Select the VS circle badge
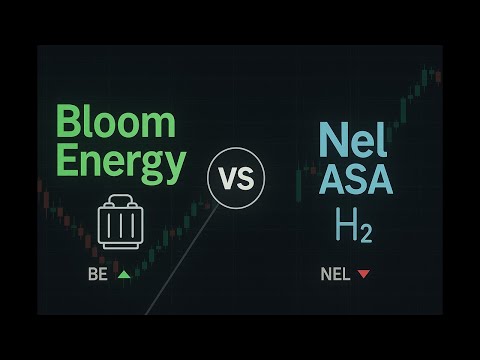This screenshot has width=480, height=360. (237, 180)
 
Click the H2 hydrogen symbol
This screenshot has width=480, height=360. (353, 229)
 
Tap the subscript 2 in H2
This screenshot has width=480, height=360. (367, 235)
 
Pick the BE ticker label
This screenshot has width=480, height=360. (98, 273)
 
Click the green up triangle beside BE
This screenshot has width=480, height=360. (124, 273)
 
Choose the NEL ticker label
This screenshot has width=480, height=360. (335, 273)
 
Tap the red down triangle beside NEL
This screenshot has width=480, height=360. (363, 273)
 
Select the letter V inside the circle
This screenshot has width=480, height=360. (228, 181)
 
